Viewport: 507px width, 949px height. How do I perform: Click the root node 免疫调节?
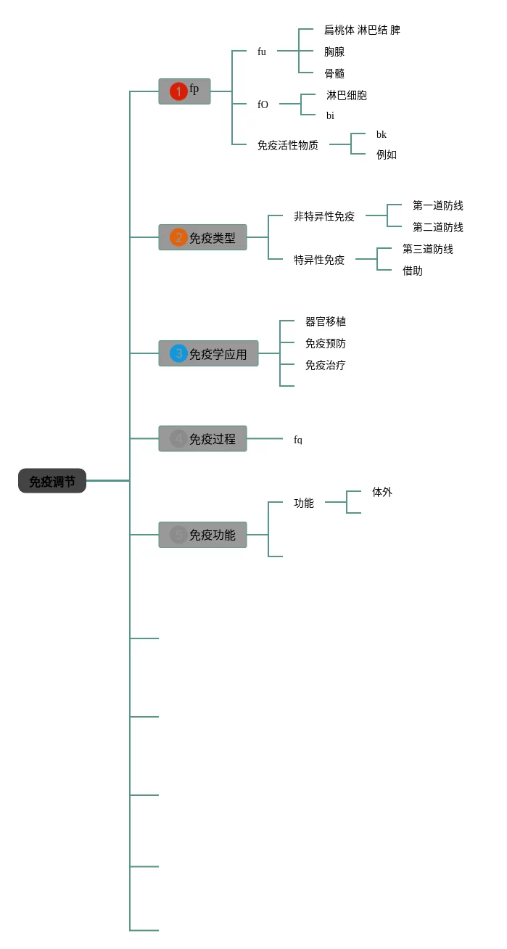coord(52,481)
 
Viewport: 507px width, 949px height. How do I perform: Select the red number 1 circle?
coord(178,91)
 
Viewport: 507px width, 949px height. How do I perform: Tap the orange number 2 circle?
coord(178,237)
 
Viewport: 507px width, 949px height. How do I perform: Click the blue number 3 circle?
coord(178,353)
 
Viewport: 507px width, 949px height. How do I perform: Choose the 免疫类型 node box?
coord(203,237)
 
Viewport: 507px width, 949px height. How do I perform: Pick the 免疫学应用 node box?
coord(209,353)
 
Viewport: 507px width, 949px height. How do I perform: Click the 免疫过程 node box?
coord(203,438)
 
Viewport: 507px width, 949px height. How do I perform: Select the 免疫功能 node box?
coord(203,535)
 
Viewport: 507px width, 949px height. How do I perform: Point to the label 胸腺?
coord(334,52)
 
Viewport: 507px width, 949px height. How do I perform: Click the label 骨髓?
coord(334,73)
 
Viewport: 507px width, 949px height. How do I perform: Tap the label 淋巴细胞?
coord(347,95)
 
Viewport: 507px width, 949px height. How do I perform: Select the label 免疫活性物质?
coord(288,145)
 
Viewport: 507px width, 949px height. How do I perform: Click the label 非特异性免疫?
coord(324,216)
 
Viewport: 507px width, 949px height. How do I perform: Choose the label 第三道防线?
coord(428,249)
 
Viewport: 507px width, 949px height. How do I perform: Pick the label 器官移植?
coord(326,321)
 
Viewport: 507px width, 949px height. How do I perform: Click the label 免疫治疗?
coord(326,365)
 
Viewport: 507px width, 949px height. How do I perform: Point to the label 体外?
coord(382,492)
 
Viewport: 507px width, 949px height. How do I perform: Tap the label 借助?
coord(413,271)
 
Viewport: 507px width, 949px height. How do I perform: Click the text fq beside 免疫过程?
coord(298,440)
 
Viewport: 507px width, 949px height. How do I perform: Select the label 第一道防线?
coord(438,205)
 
